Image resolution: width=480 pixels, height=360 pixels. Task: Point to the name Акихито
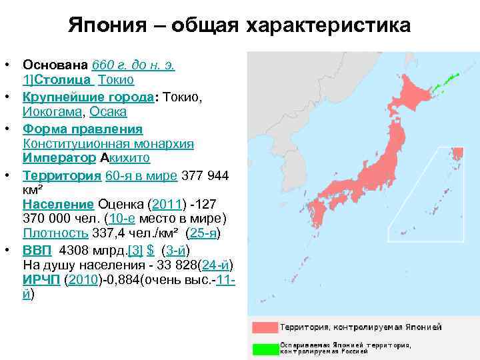coord(125,159)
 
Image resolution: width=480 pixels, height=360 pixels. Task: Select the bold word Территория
coord(62,175)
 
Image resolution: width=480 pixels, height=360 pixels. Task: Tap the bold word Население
coord(59,203)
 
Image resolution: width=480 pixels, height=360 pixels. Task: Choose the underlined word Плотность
coord(55,233)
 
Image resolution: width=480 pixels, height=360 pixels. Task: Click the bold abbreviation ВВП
coord(37,250)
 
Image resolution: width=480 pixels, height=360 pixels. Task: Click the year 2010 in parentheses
coord(84,279)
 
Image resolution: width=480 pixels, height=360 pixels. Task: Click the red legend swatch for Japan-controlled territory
coord(264,327)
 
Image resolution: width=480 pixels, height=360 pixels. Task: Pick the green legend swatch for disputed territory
coord(264,348)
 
